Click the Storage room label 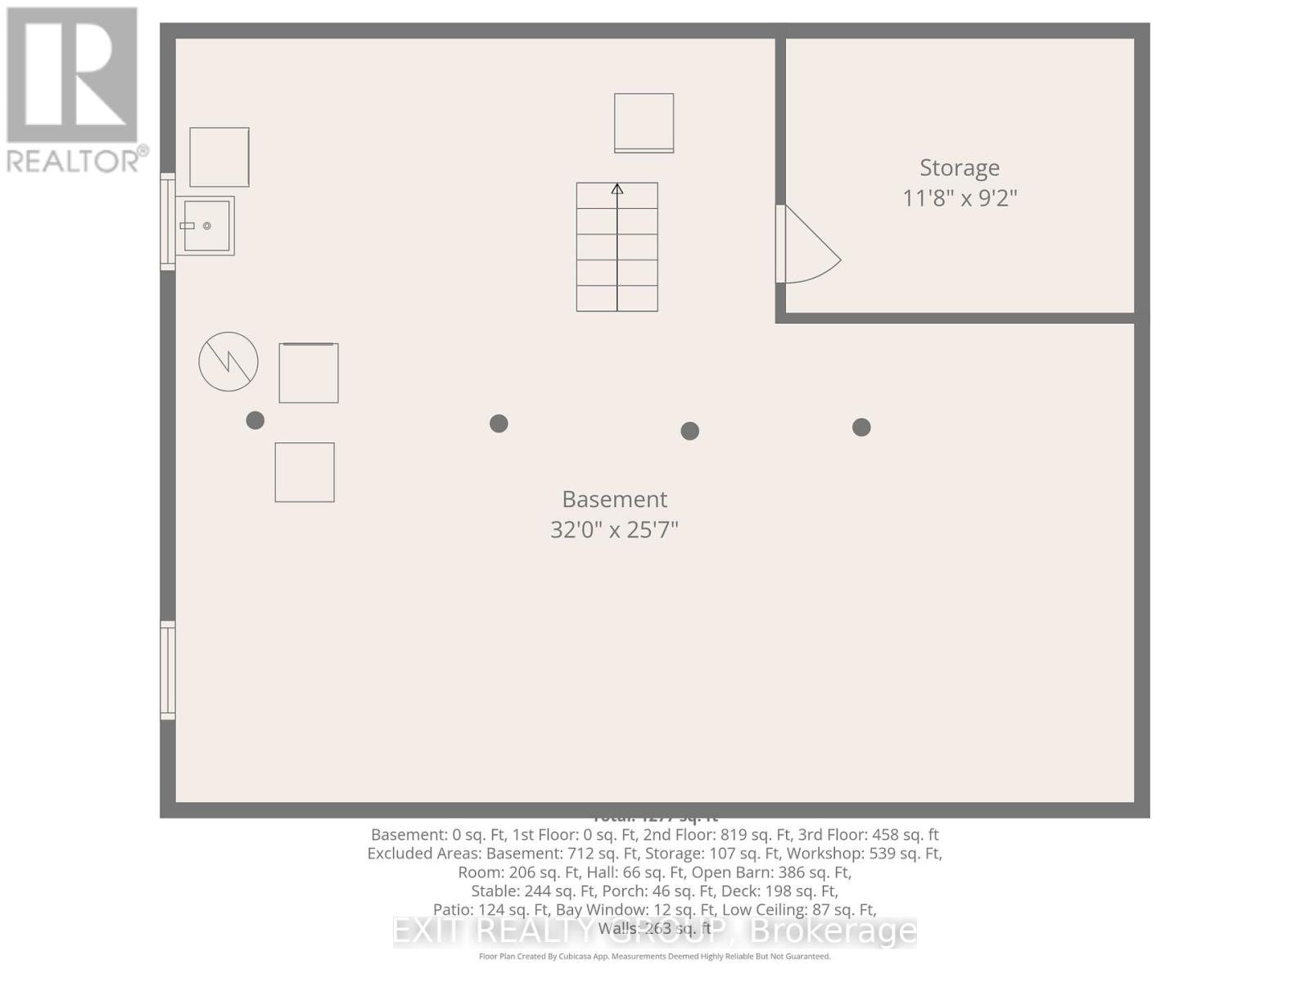[x=959, y=168]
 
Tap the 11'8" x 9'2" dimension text [x=960, y=198]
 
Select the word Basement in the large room [x=614, y=500]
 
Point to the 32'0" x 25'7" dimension [x=614, y=530]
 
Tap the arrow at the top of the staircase [x=617, y=189]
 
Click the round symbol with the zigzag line [x=228, y=361]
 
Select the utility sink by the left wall [x=206, y=225]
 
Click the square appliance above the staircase [x=644, y=123]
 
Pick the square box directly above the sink [x=219, y=157]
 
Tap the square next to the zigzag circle [x=309, y=373]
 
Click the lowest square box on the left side [x=305, y=473]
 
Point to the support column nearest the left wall [x=255, y=420]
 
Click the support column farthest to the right [x=861, y=427]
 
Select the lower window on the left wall [x=168, y=670]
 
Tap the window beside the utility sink [x=168, y=222]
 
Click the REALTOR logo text [x=78, y=160]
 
